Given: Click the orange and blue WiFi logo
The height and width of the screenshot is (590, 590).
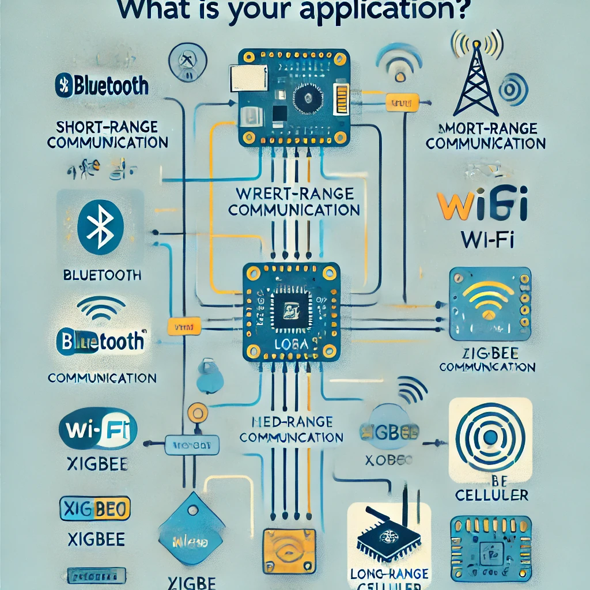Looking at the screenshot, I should [x=481, y=208].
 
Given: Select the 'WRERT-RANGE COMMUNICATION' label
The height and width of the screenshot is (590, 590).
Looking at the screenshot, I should [x=294, y=201].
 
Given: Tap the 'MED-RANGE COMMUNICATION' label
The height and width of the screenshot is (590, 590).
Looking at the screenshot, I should [x=292, y=429].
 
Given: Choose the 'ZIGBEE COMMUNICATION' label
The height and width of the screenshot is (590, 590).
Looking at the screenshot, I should [x=487, y=360].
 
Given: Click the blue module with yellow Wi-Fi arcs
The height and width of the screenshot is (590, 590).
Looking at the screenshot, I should [x=489, y=304].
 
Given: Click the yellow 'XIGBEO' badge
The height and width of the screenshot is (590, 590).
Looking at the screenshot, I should [x=95, y=509].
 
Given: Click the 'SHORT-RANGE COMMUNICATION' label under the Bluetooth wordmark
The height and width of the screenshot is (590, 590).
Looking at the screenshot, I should [x=108, y=134].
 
